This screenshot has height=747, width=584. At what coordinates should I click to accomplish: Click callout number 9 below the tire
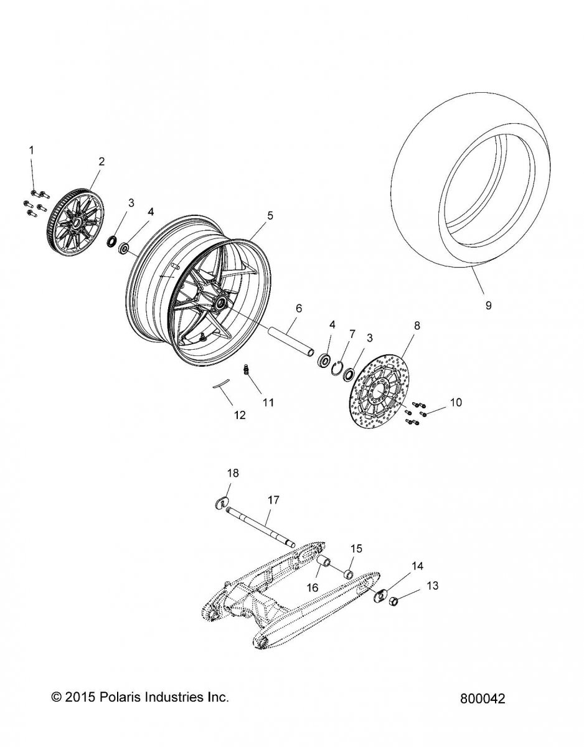488,305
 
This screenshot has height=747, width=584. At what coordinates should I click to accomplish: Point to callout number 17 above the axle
273,500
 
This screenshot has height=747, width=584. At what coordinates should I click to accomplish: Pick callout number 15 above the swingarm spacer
356,548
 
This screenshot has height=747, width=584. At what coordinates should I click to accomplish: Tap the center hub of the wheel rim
220,304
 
